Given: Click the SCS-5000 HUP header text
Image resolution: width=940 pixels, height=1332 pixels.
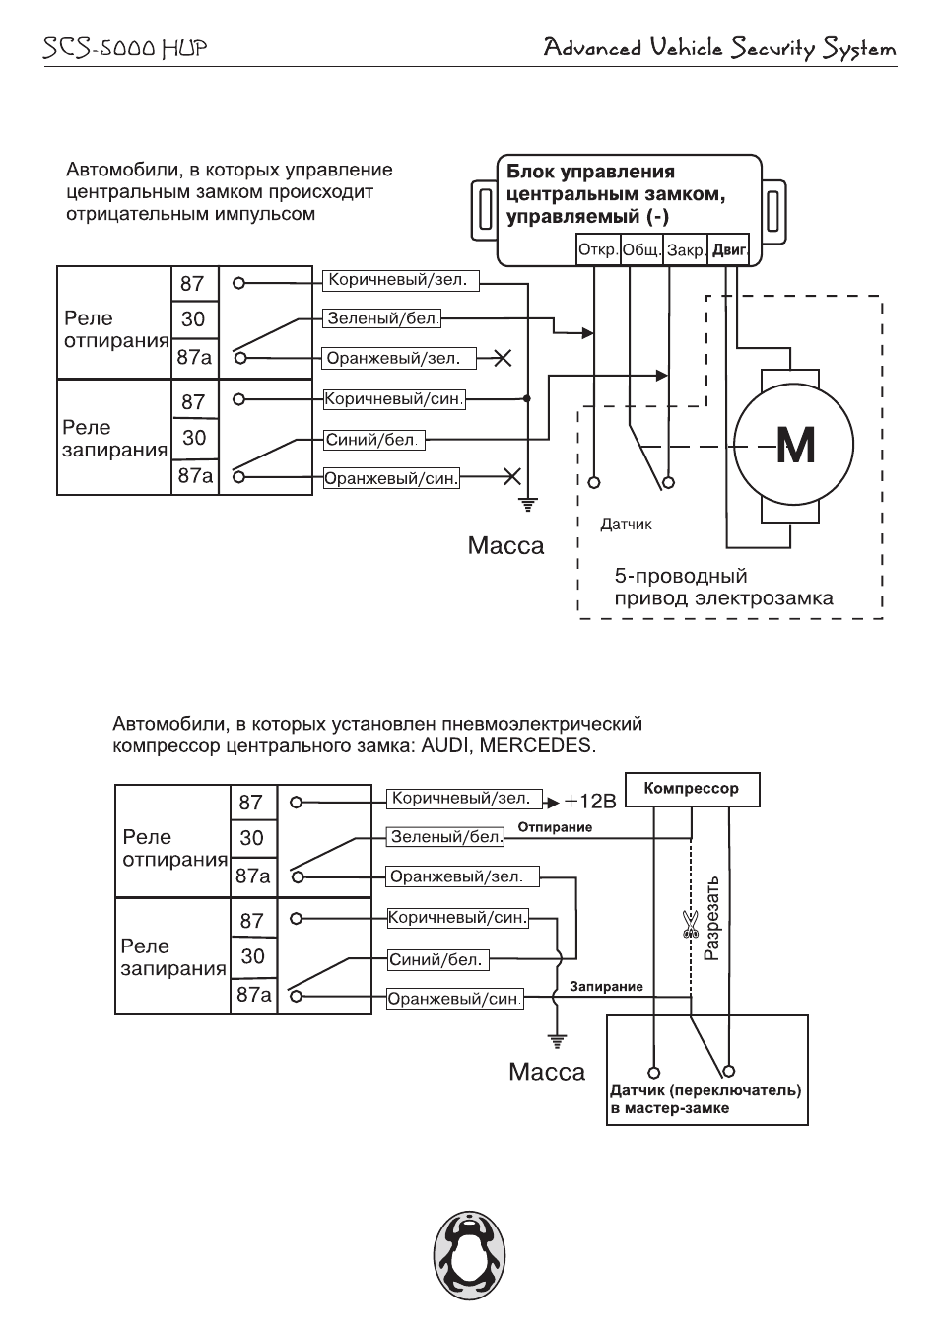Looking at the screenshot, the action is click(125, 47).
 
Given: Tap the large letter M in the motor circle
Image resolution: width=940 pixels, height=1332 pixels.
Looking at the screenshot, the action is click(795, 446).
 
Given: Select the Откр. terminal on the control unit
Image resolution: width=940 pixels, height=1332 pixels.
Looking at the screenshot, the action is click(598, 249).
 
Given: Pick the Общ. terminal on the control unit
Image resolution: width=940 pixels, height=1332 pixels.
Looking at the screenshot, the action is click(641, 249).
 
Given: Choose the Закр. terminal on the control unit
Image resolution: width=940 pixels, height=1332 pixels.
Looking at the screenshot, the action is click(686, 250).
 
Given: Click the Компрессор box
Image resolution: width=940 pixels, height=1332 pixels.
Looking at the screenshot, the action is click(693, 789).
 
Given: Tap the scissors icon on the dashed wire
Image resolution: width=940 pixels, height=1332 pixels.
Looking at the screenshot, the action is click(690, 924).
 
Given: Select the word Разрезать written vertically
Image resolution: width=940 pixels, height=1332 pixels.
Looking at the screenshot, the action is click(711, 918).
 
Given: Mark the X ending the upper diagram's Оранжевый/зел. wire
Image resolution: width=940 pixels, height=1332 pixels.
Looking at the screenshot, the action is click(503, 358).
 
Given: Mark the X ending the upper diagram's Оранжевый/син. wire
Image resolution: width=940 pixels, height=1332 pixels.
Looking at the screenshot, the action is click(511, 476).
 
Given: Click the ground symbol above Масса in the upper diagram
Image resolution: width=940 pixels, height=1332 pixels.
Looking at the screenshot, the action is click(527, 504).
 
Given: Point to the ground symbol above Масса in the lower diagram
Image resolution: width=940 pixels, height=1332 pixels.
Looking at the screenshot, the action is click(557, 1041).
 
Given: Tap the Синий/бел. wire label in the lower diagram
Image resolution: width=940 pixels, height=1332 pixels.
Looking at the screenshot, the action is click(437, 959).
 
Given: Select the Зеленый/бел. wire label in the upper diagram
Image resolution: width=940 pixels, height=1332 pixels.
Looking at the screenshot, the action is click(382, 318).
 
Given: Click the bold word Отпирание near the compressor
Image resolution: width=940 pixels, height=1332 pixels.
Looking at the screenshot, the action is click(555, 827).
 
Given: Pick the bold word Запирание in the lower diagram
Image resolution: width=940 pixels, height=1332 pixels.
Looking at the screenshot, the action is click(606, 987).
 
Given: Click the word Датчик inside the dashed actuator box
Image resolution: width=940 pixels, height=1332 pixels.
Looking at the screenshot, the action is click(626, 525).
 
